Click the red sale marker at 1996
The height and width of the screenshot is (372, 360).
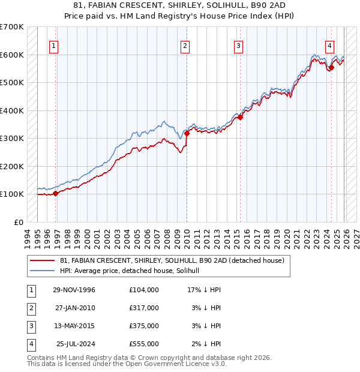[x=56, y=193]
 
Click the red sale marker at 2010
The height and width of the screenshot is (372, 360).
[x=187, y=134]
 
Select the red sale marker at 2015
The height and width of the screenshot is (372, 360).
[x=239, y=118]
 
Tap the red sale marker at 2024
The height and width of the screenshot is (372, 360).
[x=331, y=67]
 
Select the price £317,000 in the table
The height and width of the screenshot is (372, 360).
[x=143, y=308]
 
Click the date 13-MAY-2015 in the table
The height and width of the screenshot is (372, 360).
[x=74, y=326]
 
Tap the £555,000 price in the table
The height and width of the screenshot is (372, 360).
[x=143, y=344]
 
